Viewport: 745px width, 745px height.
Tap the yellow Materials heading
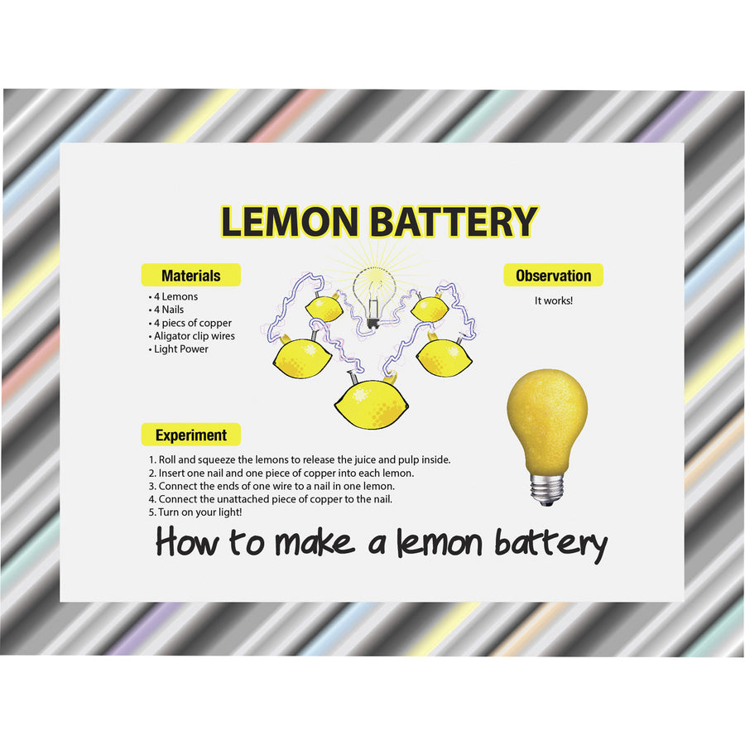coord(190,276)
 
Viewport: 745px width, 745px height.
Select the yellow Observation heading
coord(553,276)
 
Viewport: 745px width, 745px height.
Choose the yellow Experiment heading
coord(190,435)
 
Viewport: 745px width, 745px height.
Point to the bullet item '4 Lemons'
coord(175,296)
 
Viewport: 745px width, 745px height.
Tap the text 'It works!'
coord(554,300)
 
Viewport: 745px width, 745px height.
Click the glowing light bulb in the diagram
coord(370,294)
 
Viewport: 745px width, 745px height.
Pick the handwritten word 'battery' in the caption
coord(550,543)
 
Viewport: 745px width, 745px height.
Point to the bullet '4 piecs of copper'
coord(191,323)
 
